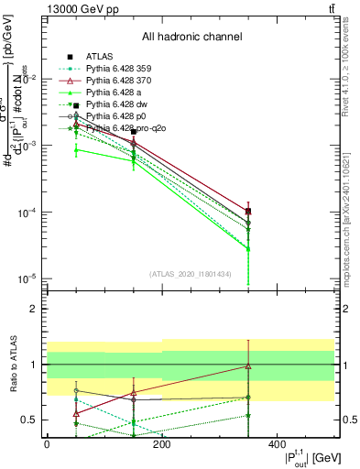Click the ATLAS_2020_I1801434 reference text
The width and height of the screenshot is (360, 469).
191,274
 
